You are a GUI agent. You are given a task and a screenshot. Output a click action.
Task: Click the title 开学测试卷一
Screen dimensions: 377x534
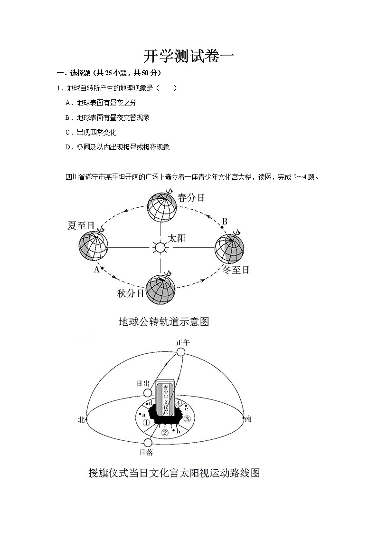coord(188,57)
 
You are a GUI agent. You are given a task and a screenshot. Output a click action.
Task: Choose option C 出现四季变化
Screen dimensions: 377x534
coord(91,132)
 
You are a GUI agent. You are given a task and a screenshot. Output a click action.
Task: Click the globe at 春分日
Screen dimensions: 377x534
coord(161,207)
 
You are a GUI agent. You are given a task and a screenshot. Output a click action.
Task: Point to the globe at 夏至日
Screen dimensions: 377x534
coord(94,246)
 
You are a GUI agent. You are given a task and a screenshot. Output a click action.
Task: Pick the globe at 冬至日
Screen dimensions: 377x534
coord(229,249)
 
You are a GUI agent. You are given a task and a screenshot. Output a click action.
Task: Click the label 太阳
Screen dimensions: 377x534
coord(177,238)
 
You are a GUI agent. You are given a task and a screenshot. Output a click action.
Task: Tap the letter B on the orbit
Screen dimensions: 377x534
coord(225,221)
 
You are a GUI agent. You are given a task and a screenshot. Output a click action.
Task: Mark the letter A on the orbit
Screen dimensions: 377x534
coord(96,269)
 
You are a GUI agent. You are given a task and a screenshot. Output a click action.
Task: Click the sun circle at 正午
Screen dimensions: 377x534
coord(180,352)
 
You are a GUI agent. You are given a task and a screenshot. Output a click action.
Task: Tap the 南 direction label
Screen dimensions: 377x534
coord(248,419)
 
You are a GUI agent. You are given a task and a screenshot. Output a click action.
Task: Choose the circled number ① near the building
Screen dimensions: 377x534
coord(146,422)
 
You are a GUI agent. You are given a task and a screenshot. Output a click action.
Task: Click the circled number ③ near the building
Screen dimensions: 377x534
coord(187,419)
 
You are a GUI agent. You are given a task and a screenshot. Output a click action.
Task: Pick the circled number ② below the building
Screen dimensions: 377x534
coord(165,432)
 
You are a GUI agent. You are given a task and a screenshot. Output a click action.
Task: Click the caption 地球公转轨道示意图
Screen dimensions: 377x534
coord(164,322)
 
